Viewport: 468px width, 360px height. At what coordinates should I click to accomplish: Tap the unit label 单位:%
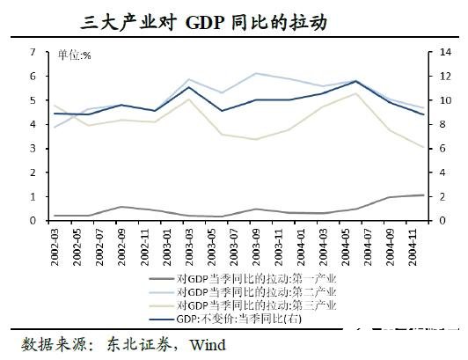coord(75,55)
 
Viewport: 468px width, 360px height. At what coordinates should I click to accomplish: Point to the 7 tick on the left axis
coord(33,53)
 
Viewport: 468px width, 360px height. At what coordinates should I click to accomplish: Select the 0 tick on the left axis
coord(33,220)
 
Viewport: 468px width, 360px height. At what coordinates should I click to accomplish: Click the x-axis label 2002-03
coord(55,243)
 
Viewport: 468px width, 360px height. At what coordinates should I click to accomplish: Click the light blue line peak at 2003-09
coord(255,73)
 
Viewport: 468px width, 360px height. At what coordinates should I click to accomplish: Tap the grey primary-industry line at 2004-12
coord(423,195)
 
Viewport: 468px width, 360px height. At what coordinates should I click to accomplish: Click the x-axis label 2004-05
coord(343,243)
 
